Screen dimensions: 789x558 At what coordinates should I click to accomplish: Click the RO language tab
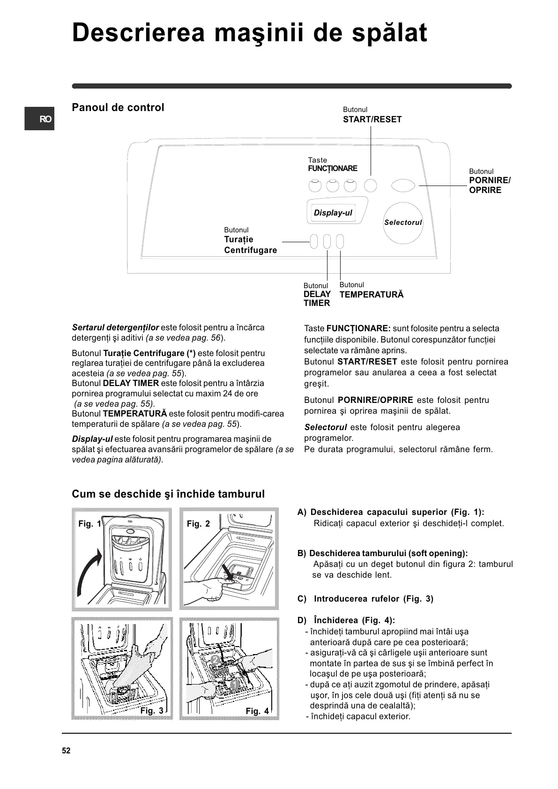click(x=40, y=119)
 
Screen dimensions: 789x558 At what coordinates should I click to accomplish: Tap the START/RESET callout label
click(x=372, y=119)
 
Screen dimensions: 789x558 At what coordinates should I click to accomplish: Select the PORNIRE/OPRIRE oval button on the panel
click(x=403, y=186)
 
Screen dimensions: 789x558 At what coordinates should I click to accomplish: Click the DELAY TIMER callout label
click(x=317, y=298)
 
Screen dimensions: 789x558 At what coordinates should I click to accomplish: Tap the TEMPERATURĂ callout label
click(x=371, y=295)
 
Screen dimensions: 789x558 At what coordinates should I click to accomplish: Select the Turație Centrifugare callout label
click(x=250, y=245)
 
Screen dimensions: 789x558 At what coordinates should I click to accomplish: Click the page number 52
click(x=66, y=751)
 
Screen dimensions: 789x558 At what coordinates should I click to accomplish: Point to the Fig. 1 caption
click(x=89, y=524)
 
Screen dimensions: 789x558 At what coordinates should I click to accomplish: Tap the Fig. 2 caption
click(x=198, y=524)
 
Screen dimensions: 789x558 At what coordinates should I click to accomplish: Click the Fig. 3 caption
click(x=152, y=711)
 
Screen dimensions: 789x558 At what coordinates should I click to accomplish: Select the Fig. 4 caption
click(x=257, y=711)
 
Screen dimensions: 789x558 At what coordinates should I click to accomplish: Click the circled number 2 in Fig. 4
click(x=216, y=660)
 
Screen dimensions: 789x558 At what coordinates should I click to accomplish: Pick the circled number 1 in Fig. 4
click(x=235, y=685)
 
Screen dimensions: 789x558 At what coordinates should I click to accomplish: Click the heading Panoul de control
click(x=118, y=107)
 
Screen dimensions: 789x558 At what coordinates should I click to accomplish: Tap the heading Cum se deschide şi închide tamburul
click(x=168, y=494)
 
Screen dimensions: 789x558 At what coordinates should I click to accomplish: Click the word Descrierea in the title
click(x=138, y=33)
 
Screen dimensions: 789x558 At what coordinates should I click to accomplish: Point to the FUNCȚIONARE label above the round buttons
click(x=332, y=168)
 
